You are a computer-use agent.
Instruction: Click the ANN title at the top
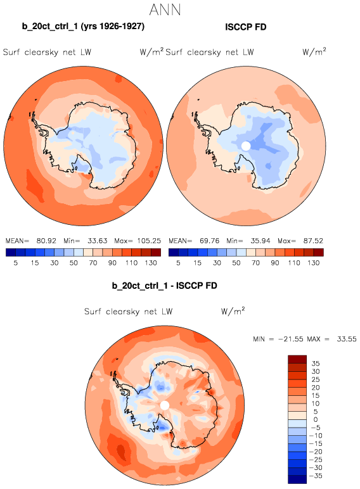[165, 10]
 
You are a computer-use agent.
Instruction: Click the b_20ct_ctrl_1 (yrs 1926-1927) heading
[83, 27]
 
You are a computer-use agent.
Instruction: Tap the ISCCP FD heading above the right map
[245, 27]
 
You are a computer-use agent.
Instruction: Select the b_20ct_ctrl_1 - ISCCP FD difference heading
[164, 286]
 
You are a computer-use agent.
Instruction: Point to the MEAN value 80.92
[46, 241]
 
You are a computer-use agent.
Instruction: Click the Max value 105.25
[149, 241]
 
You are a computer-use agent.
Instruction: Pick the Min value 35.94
[260, 241]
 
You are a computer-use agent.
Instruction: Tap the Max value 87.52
[313, 241]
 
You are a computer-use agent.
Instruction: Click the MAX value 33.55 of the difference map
[346, 339]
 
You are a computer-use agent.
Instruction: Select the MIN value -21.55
[290, 339]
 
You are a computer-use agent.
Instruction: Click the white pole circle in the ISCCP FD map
[246, 146]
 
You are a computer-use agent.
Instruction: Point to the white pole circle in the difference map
[164, 405]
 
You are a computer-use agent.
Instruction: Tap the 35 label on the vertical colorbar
[316, 364]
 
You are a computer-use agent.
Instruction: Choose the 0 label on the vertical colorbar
[316, 419]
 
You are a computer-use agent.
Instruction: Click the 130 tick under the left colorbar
[151, 263]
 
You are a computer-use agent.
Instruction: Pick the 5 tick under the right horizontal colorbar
[178, 263]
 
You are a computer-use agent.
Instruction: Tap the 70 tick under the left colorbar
[93, 263]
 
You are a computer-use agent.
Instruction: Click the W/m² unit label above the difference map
[233, 311]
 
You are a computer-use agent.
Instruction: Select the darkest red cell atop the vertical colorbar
[297, 359]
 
